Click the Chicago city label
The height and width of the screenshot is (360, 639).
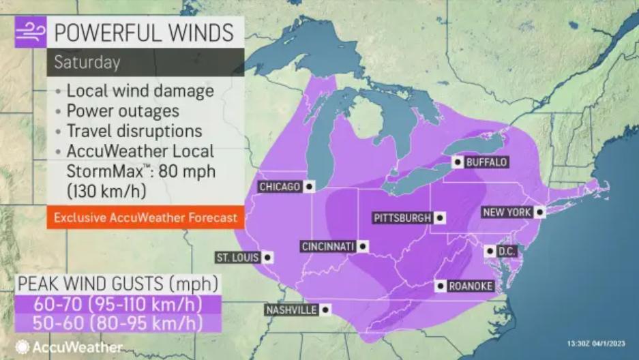(280, 187)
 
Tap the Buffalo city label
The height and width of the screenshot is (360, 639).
(486, 162)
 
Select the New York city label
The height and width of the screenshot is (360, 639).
(507, 213)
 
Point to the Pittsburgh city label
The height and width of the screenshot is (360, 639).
(402, 218)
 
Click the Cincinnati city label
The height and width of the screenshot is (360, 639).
(328, 246)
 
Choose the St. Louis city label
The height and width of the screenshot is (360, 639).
(237, 258)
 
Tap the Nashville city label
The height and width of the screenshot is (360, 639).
(291, 310)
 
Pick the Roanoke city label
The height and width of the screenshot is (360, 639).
(471, 286)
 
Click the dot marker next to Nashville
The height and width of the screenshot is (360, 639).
(325, 310)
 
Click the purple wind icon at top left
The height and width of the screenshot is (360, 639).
(31, 32)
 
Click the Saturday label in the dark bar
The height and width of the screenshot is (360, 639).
(87, 63)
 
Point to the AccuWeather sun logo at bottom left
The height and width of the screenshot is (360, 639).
(23, 347)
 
